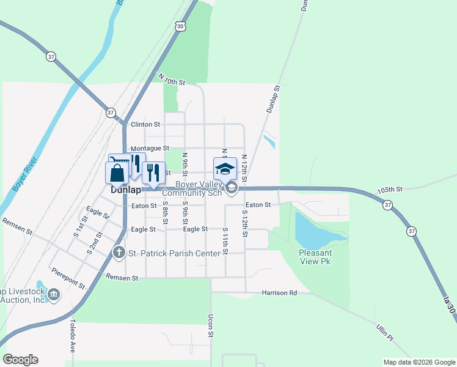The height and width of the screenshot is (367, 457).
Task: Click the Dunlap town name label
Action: tap(126, 190)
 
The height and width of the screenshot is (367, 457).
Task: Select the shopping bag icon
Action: tap(117, 172)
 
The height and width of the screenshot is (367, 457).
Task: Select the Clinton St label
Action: tap(145, 124)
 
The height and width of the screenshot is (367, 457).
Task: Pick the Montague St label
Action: tap(150, 149)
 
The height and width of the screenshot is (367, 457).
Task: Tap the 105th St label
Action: tap(390, 190)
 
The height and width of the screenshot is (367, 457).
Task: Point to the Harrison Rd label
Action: tap(279, 293)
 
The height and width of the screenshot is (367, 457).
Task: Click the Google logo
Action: tap(20, 360)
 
